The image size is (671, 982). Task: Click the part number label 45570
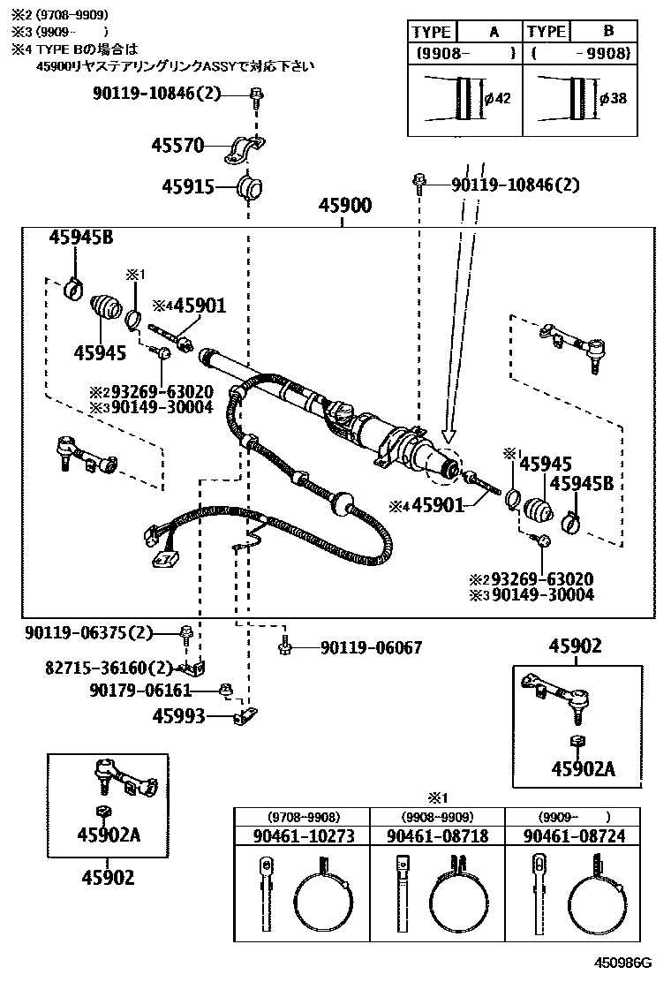pyautogui.click(x=183, y=146)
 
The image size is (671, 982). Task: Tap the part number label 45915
pyautogui.click(x=184, y=186)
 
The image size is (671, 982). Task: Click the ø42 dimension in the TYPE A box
pyautogui.click(x=498, y=98)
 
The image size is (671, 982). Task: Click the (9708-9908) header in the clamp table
pyautogui.click(x=303, y=817)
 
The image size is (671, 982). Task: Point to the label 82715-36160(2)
pyautogui.click(x=98, y=669)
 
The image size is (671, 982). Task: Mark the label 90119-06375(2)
pyautogui.click(x=89, y=632)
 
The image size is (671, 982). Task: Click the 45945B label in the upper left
pyautogui.click(x=80, y=238)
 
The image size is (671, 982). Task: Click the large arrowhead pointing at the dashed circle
pyautogui.click(x=449, y=434)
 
